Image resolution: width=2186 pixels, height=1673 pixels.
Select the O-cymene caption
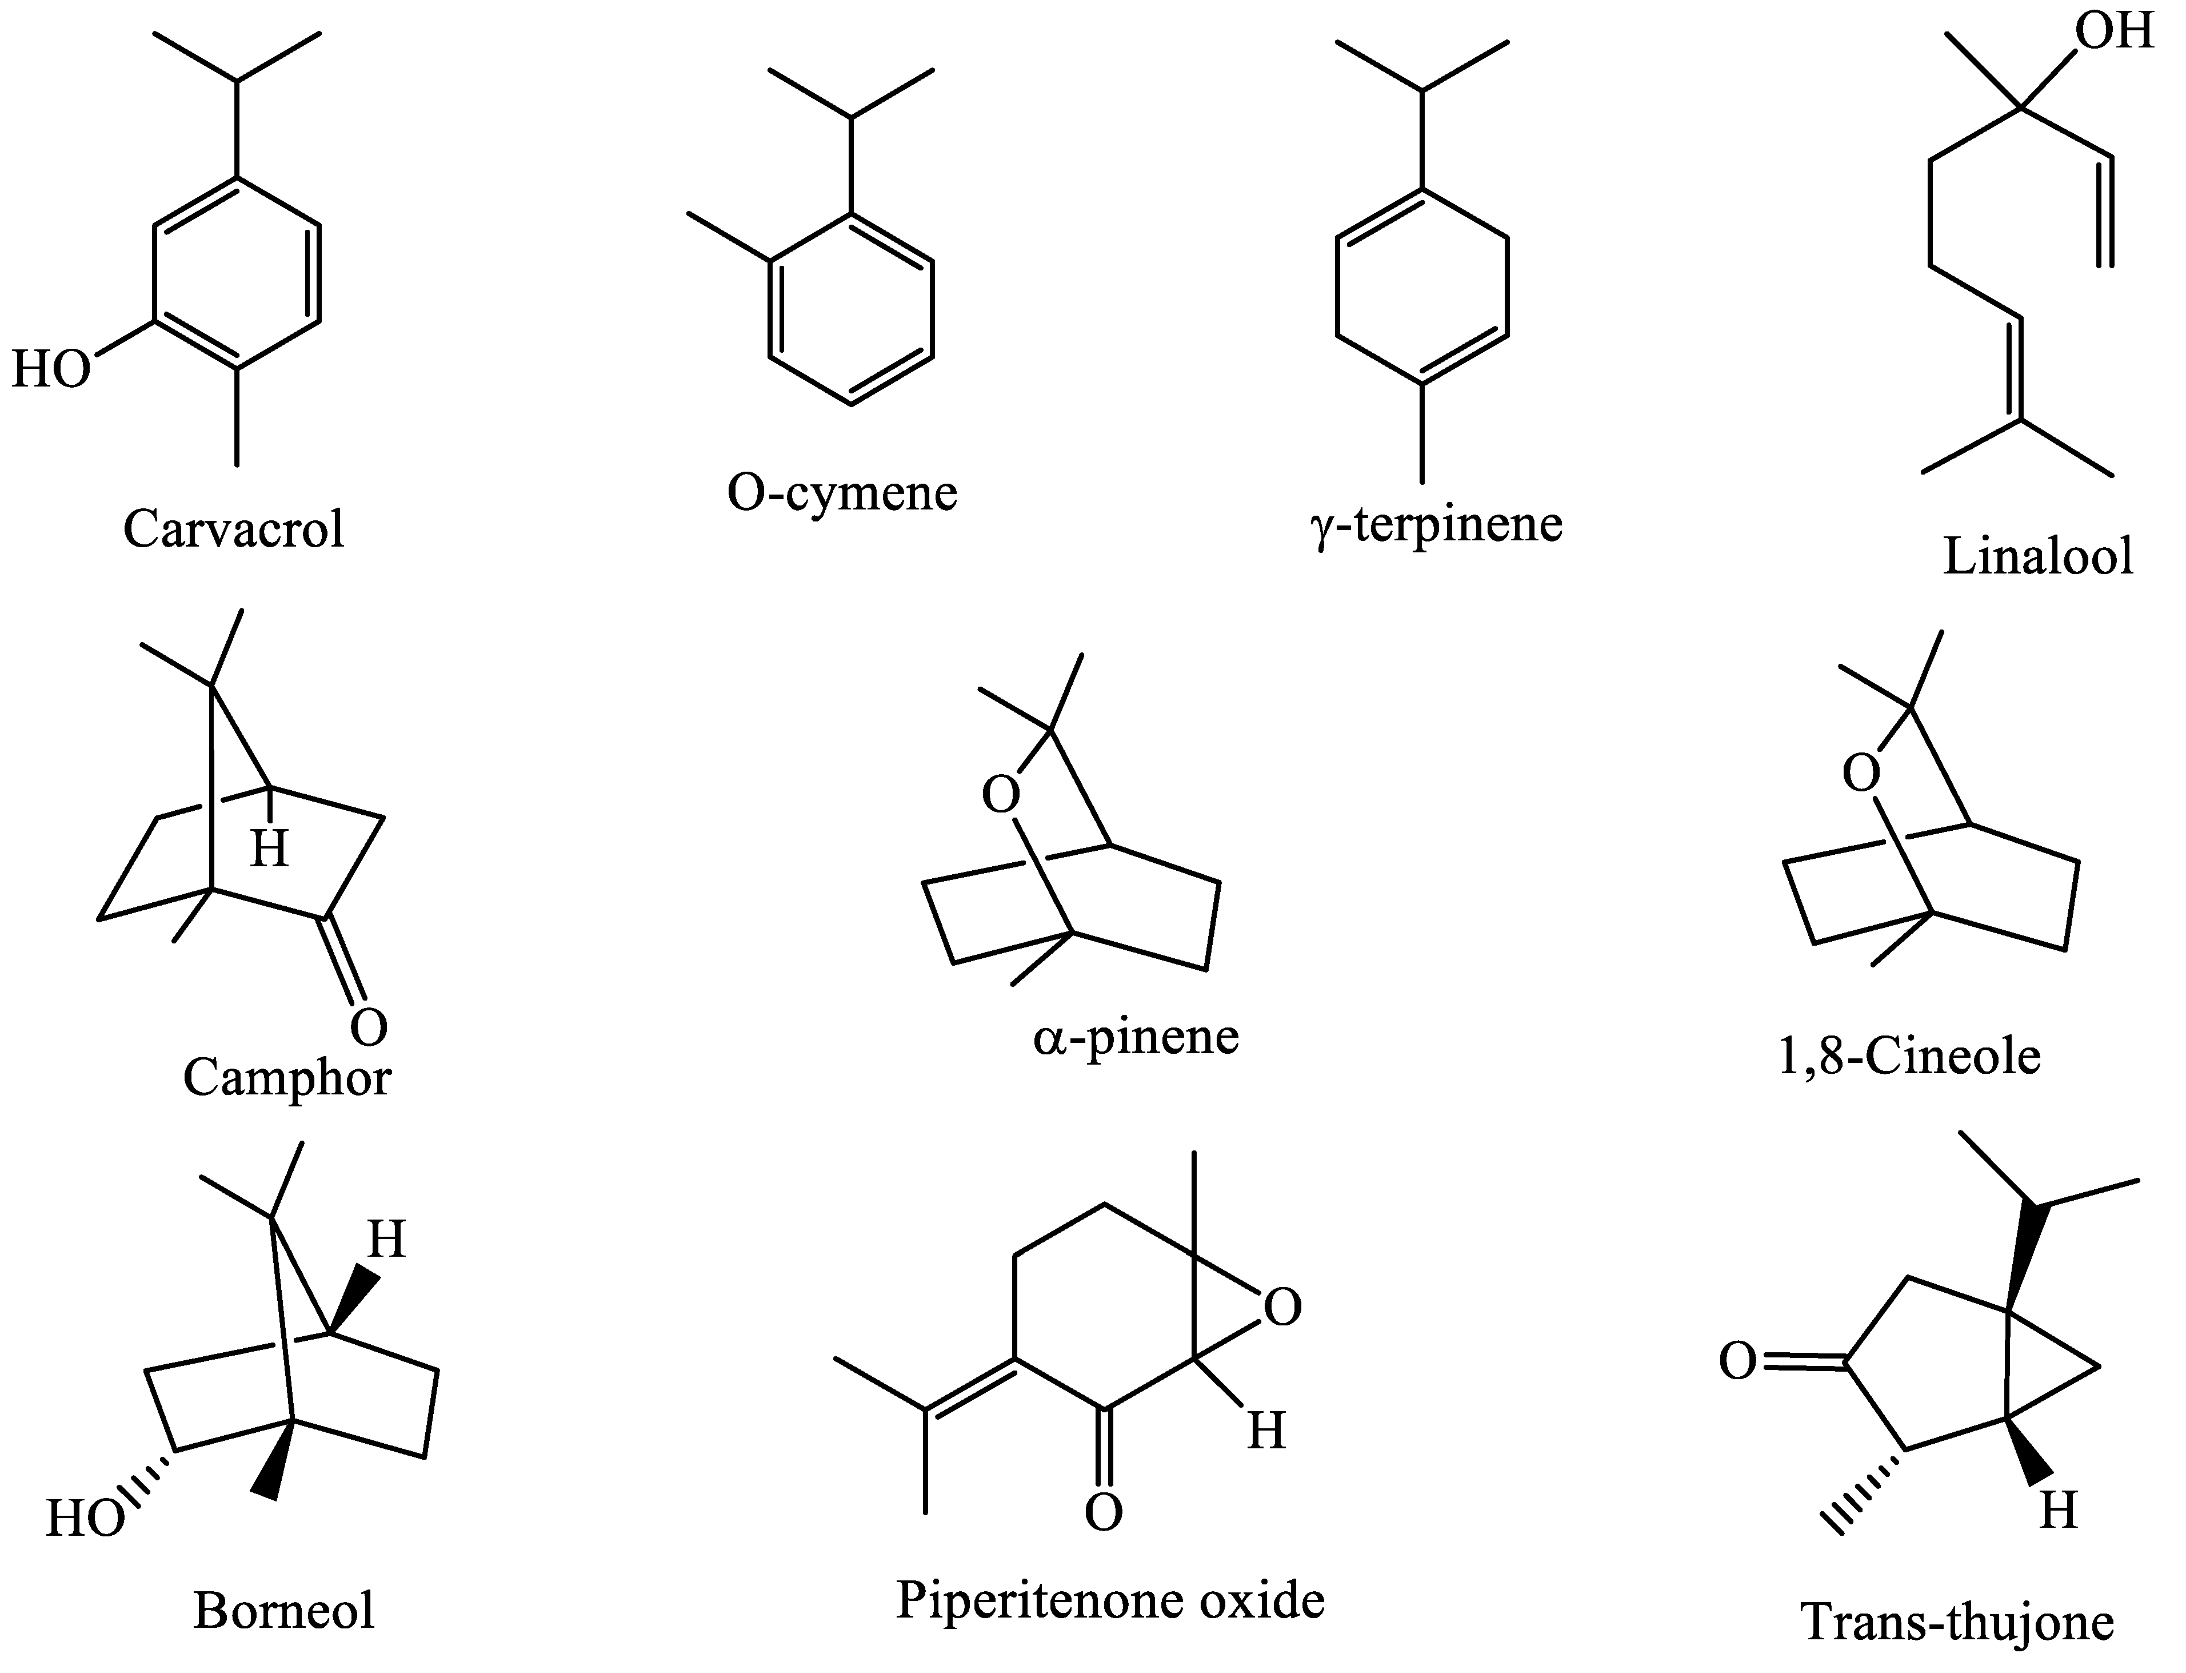coord(841,492)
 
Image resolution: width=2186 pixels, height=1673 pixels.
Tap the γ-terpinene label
coord(1436,524)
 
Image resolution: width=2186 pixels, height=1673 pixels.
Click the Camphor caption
coord(287,1077)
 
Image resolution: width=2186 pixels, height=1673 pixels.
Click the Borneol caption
coord(283,1610)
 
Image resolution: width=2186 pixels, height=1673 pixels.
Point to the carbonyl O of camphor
coord(367,1027)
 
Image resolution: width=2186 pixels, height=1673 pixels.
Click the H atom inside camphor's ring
coord(269,850)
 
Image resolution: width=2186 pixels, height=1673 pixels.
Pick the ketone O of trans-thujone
coord(1738,1361)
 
